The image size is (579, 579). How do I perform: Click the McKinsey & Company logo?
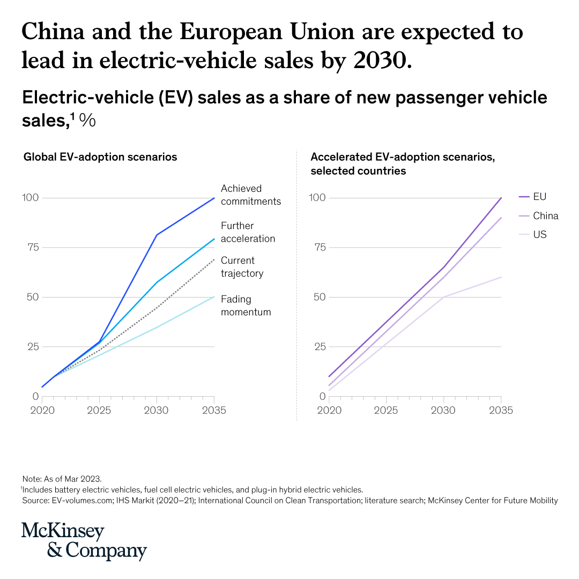84,541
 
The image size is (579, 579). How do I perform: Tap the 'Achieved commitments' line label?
250,195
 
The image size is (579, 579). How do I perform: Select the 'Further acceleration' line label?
248,232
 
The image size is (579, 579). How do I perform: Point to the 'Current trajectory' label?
242,267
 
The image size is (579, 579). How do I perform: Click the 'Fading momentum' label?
246,306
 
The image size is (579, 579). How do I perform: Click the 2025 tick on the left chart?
99,411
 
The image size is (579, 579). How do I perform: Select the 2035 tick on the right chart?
501,411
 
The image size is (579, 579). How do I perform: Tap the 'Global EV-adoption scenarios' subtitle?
100,157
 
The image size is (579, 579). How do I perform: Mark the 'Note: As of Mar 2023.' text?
62,478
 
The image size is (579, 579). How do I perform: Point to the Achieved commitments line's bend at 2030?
157,235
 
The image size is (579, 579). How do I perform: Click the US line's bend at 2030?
444,296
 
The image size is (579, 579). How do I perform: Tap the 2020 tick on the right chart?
329,411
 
